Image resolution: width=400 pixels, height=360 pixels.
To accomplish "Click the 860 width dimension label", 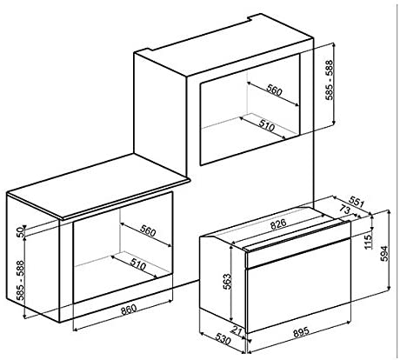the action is coord(129,310).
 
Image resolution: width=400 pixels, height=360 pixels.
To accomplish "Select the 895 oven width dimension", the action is coord(302,332).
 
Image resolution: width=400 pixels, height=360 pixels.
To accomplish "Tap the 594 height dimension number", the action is coord(383,254).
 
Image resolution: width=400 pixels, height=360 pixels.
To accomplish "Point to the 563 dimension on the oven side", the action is coord(227,282).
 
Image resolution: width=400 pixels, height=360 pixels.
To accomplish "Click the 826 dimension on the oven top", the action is coord(278,224).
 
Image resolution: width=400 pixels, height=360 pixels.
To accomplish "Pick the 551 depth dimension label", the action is coord(356,202).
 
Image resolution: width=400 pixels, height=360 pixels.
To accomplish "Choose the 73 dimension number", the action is coord(344,210).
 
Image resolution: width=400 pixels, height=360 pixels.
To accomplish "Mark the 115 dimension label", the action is coord(368,242).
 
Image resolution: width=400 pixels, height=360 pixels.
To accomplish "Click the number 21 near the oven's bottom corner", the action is coord(237,330).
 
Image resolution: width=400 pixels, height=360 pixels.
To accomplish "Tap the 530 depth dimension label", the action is coord(223,339).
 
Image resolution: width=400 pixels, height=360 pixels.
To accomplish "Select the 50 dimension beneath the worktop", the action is coord(19,232).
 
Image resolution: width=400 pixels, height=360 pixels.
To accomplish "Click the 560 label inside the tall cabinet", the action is coord(274,90).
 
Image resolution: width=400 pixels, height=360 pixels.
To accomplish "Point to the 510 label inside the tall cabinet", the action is coord(266,126).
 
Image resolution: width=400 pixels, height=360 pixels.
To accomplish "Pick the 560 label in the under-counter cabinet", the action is coord(148,231).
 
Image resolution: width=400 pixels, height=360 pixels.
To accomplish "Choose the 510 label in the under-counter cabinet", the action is coord(138,264).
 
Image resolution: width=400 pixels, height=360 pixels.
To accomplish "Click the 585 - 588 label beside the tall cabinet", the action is coord(330,80).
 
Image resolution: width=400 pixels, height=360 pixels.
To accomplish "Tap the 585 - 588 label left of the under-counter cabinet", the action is coord(20,281).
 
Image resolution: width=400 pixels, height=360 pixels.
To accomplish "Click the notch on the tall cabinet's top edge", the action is coord(250,18).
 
